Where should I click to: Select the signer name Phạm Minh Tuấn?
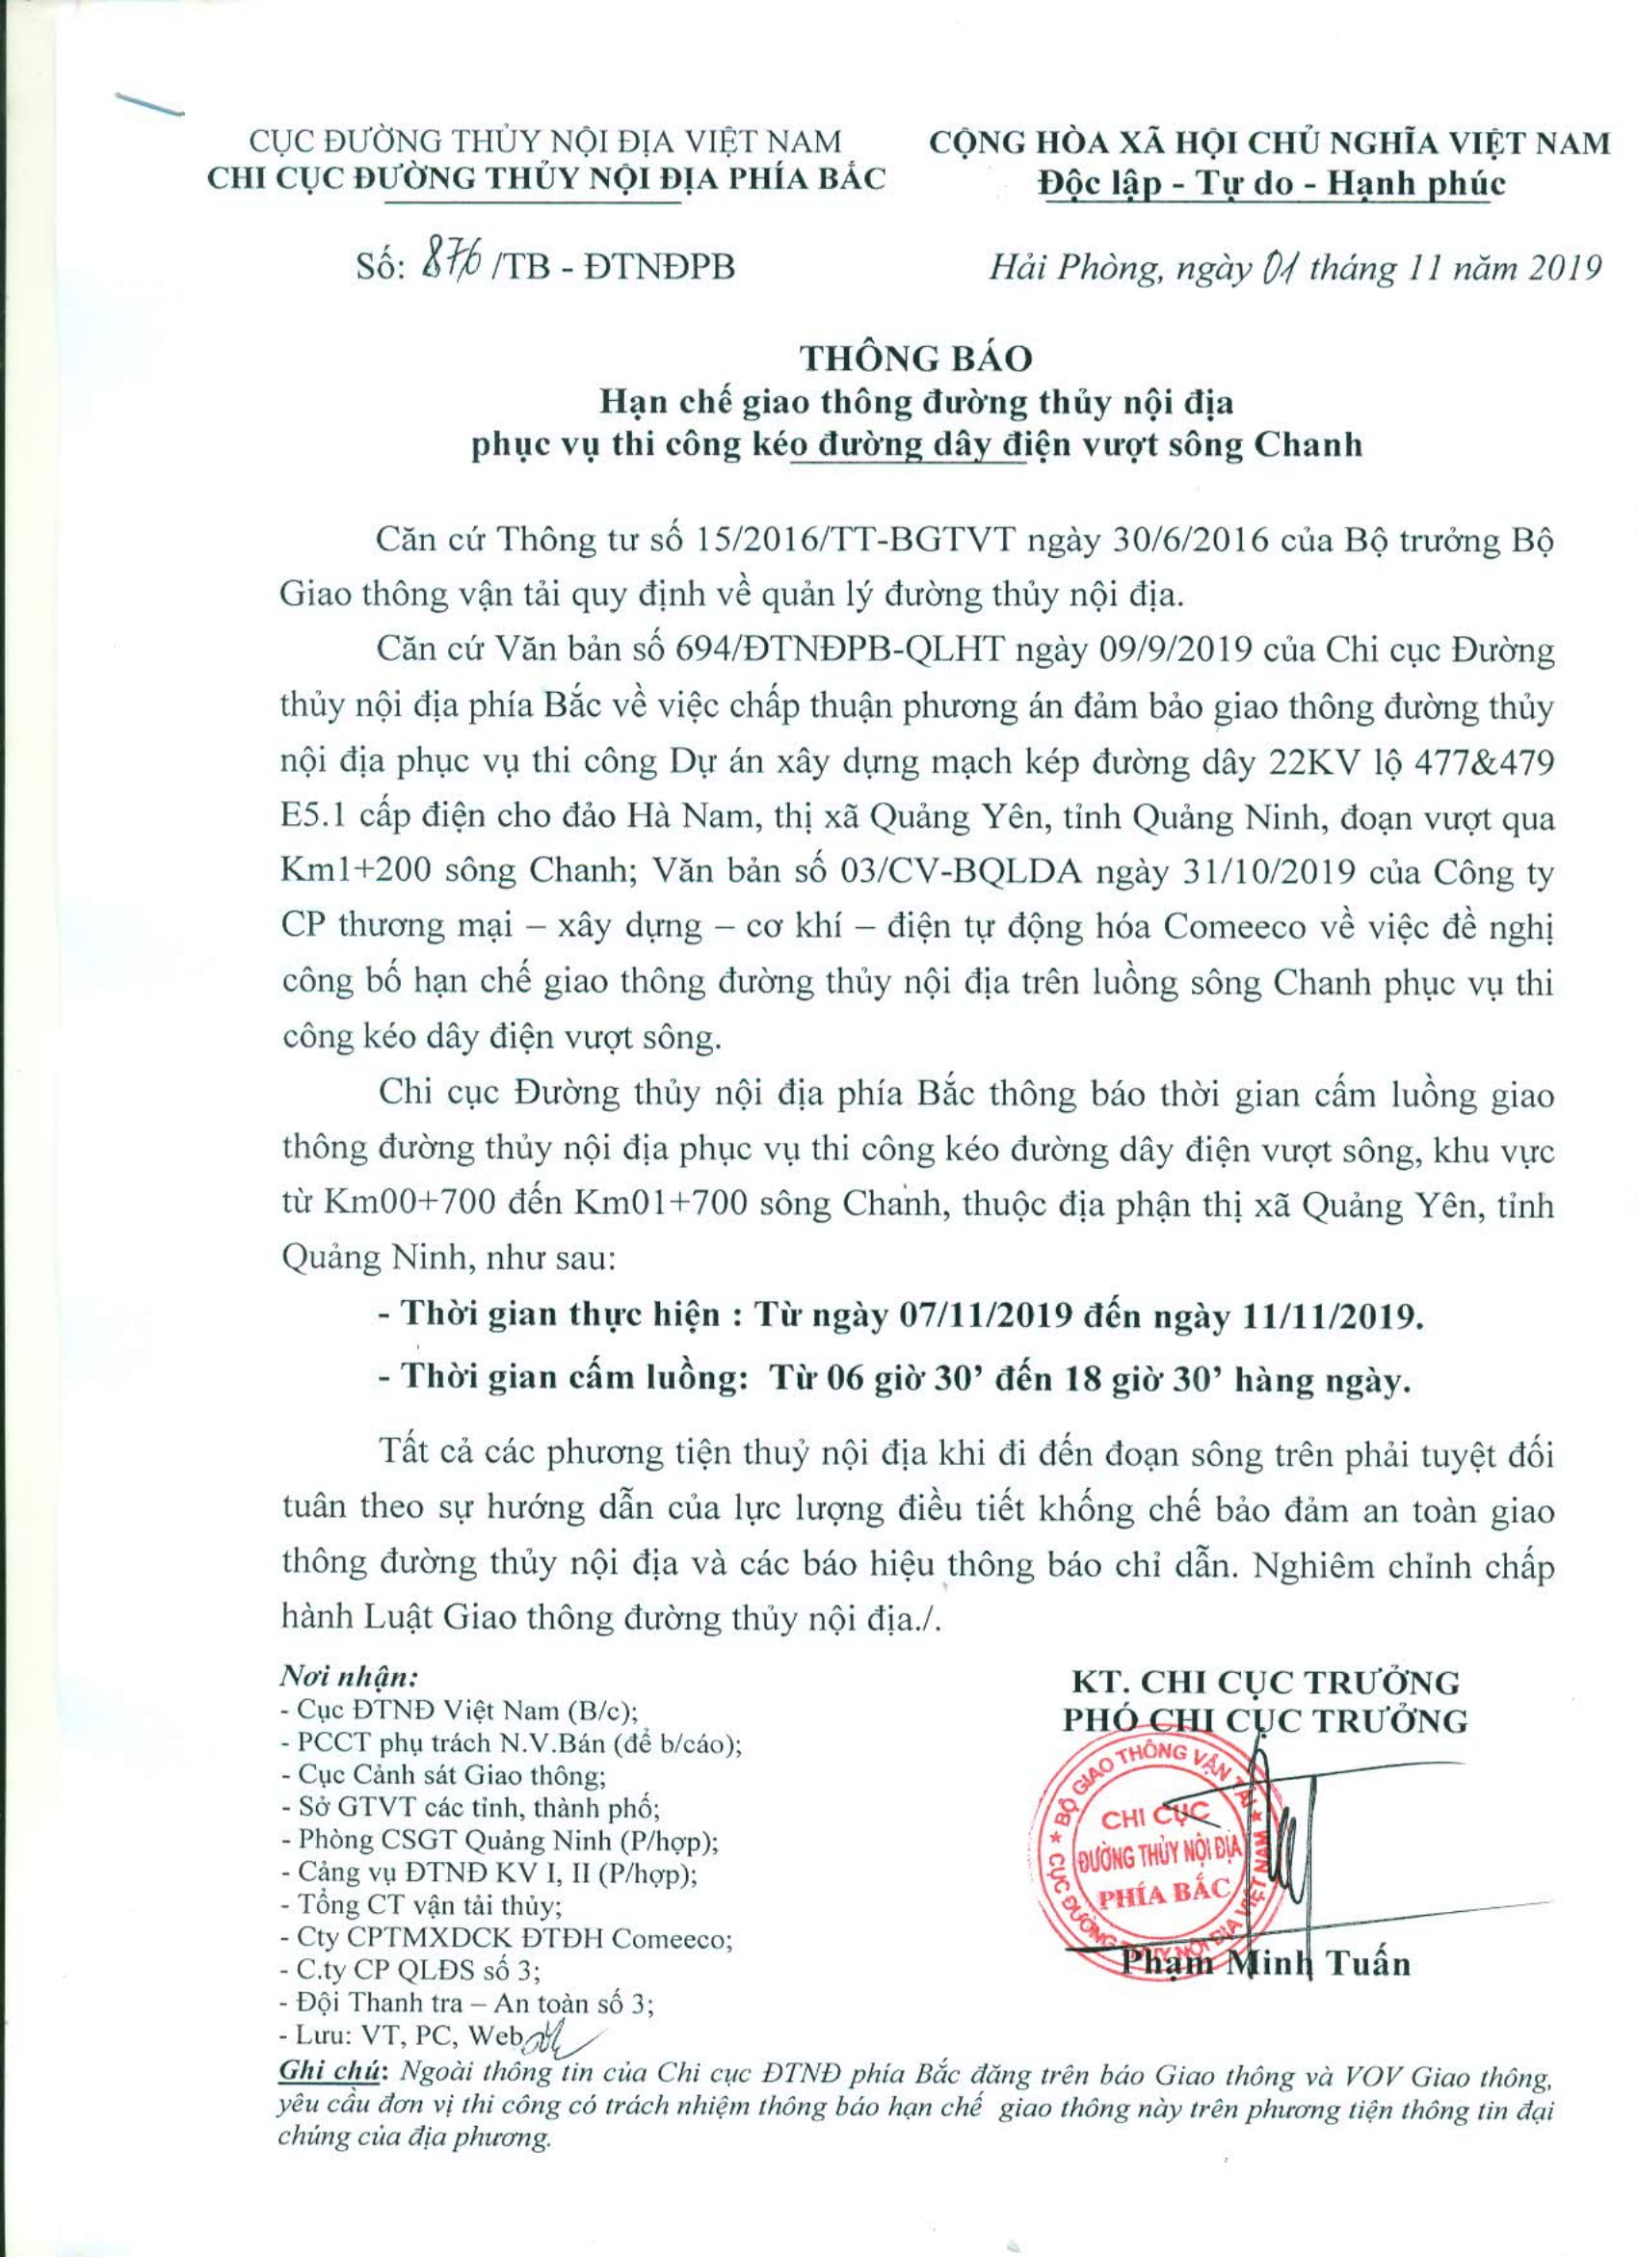tap(1265, 1963)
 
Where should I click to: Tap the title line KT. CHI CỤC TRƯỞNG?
tap(1264, 1681)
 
